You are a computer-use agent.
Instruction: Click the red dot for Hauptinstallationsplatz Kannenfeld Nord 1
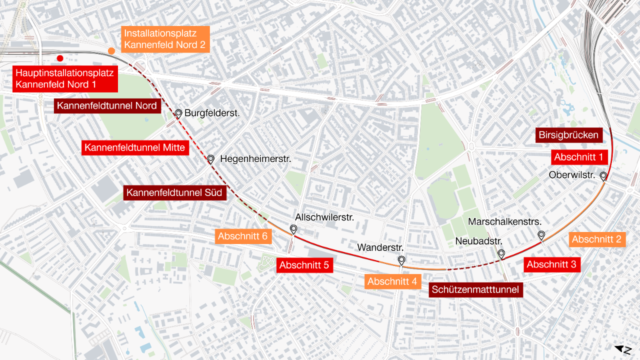coord(60,58)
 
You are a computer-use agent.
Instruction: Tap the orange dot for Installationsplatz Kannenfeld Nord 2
coord(111,51)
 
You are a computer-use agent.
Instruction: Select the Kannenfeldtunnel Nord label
coord(107,106)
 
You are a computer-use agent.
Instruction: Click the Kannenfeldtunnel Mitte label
coord(134,147)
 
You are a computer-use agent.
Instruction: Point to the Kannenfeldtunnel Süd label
coord(174,192)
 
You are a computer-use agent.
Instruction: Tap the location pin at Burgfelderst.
coord(178,113)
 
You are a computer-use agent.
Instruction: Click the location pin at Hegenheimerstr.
coord(211,158)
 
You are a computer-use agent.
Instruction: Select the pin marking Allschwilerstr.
coord(293,229)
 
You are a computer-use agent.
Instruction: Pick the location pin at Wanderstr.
coord(401,259)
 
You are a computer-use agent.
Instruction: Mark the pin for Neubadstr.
coord(501,253)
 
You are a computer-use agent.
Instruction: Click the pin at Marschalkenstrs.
coord(541,234)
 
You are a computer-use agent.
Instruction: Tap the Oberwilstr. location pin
coord(603,175)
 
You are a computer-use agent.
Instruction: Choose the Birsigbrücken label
coord(568,135)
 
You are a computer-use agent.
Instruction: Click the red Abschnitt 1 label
coord(578,157)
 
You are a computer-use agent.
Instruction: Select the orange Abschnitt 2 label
coord(596,239)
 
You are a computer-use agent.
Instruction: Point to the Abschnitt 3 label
coord(551,264)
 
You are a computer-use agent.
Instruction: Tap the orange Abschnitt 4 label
coord(392,282)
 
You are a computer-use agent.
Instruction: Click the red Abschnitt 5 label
coord(304,265)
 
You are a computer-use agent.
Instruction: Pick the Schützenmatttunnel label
coord(475,289)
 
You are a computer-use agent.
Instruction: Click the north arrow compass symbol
coord(623,350)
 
